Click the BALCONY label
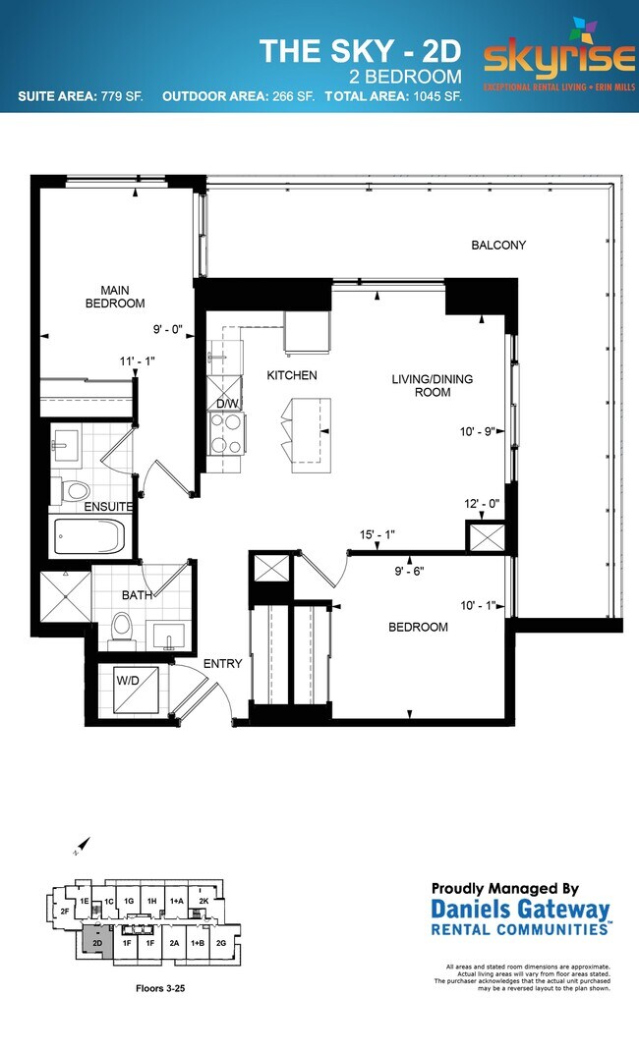[498, 246]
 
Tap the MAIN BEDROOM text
[123, 297]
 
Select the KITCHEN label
[293, 375]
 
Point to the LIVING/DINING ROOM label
[420, 385]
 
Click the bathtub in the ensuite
[87, 536]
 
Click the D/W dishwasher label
[226, 404]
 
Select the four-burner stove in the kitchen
[227, 433]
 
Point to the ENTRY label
[223, 664]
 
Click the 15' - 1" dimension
[378, 535]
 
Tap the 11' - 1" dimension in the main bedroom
[138, 361]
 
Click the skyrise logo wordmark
[558, 58]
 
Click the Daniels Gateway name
[521, 910]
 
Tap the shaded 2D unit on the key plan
[97, 942]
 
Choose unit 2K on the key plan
[204, 901]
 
